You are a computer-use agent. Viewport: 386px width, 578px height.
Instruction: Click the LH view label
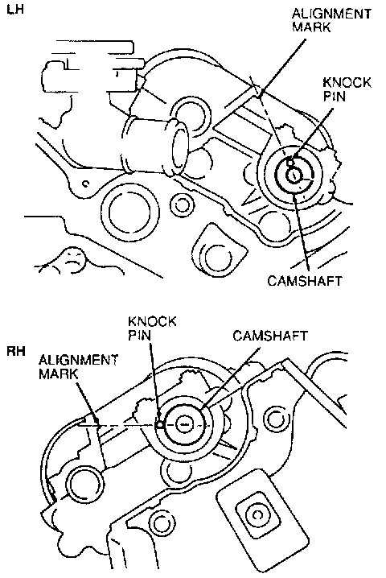point(15,9)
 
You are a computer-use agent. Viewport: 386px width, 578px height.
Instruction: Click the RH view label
point(16,351)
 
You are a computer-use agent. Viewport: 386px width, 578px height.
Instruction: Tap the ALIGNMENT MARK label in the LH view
point(331,20)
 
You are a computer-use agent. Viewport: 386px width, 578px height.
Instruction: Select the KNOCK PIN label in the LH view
point(347,89)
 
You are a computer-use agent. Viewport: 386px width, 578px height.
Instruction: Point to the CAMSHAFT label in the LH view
point(305,280)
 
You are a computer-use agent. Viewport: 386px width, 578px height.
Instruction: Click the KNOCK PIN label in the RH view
point(152,328)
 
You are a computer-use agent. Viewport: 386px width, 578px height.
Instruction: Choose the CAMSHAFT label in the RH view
point(270,336)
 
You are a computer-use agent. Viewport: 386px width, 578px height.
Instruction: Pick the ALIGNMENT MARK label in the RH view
point(78,366)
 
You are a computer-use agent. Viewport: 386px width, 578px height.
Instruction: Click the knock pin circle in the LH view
point(290,162)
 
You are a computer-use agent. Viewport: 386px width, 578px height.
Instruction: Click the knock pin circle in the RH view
point(159,425)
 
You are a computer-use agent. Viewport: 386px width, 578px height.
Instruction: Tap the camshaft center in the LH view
point(294,175)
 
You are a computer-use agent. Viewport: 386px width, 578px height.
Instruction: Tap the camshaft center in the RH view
point(183,425)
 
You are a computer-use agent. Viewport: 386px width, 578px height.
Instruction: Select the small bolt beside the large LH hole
point(180,204)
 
